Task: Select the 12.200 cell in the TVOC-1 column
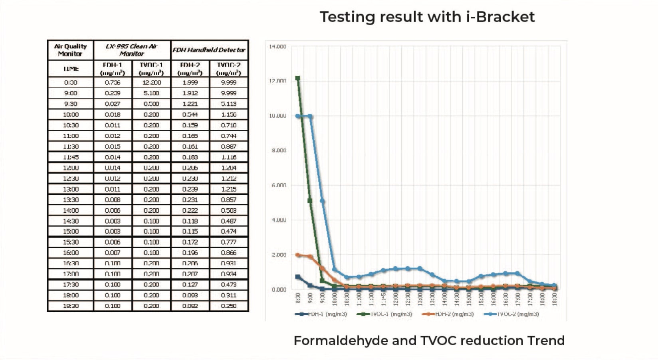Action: [151, 83]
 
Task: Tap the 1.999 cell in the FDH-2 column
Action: [190, 83]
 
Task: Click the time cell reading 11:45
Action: [71, 157]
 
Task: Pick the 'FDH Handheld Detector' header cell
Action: [209, 50]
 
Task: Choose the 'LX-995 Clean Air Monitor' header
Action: [132, 50]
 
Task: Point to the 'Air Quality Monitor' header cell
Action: [70, 50]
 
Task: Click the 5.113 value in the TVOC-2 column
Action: [229, 104]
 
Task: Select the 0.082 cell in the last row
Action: [190, 306]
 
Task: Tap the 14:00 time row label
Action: [71, 210]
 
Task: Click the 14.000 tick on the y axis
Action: [277, 47]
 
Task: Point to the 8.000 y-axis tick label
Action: [279, 150]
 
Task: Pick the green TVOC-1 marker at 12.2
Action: [298, 78]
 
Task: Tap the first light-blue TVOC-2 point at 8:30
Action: [298, 116]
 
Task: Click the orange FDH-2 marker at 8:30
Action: [298, 255]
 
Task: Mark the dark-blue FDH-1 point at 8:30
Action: [298, 277]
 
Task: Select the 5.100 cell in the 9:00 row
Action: [151, 93]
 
